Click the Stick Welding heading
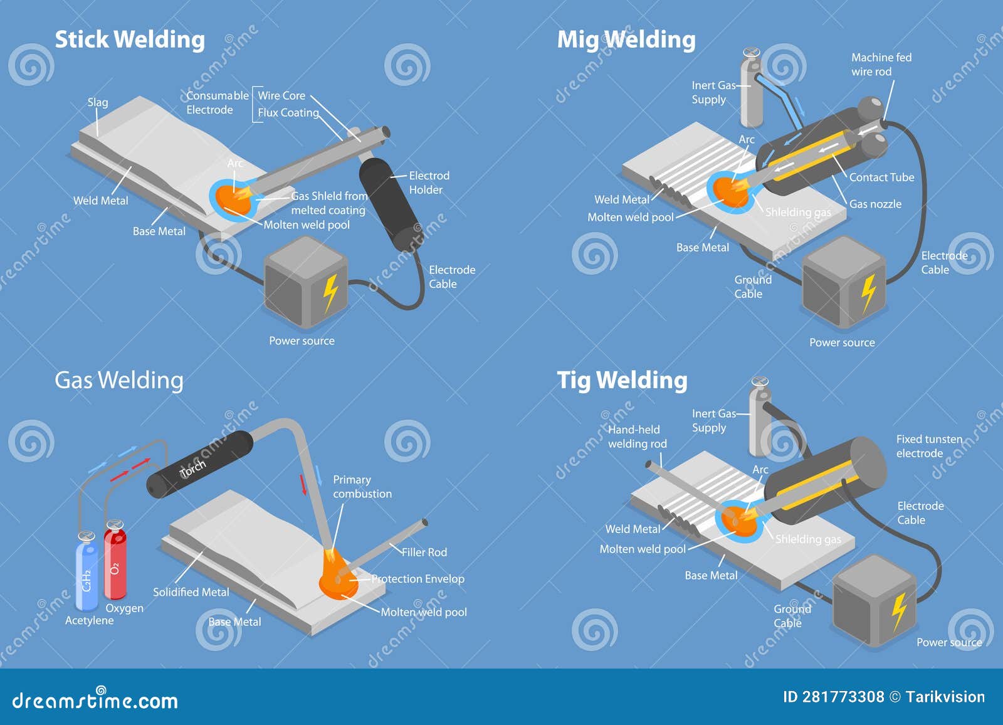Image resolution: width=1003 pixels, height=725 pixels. click(130, 40)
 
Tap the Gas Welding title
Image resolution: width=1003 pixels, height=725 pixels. click(119, 380)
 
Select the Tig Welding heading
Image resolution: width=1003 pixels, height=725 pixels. click(622, 380)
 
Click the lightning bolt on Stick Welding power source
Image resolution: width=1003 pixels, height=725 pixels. click(330, 293)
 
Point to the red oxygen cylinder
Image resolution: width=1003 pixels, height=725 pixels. click(115, 563)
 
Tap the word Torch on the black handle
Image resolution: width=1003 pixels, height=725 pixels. click(192, 468)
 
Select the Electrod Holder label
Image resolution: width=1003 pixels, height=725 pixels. click(428, 183)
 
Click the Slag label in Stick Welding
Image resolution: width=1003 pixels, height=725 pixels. click(98, 102)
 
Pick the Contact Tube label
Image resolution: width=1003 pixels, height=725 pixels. click(881, 177)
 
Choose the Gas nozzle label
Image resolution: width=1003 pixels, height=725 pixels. click(875, 204)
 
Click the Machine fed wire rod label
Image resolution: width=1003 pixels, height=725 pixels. click(881, 64)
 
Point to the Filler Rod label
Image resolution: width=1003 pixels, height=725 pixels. click(424, 552)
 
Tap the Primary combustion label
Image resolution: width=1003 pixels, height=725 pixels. click(362, 487)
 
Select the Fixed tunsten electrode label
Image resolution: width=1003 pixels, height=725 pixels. click(928, 446)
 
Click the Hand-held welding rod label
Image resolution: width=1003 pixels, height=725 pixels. click(636, 437)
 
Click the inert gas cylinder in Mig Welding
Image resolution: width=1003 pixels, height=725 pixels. click(752, 91)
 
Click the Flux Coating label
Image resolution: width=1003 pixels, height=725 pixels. click(288, 113)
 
